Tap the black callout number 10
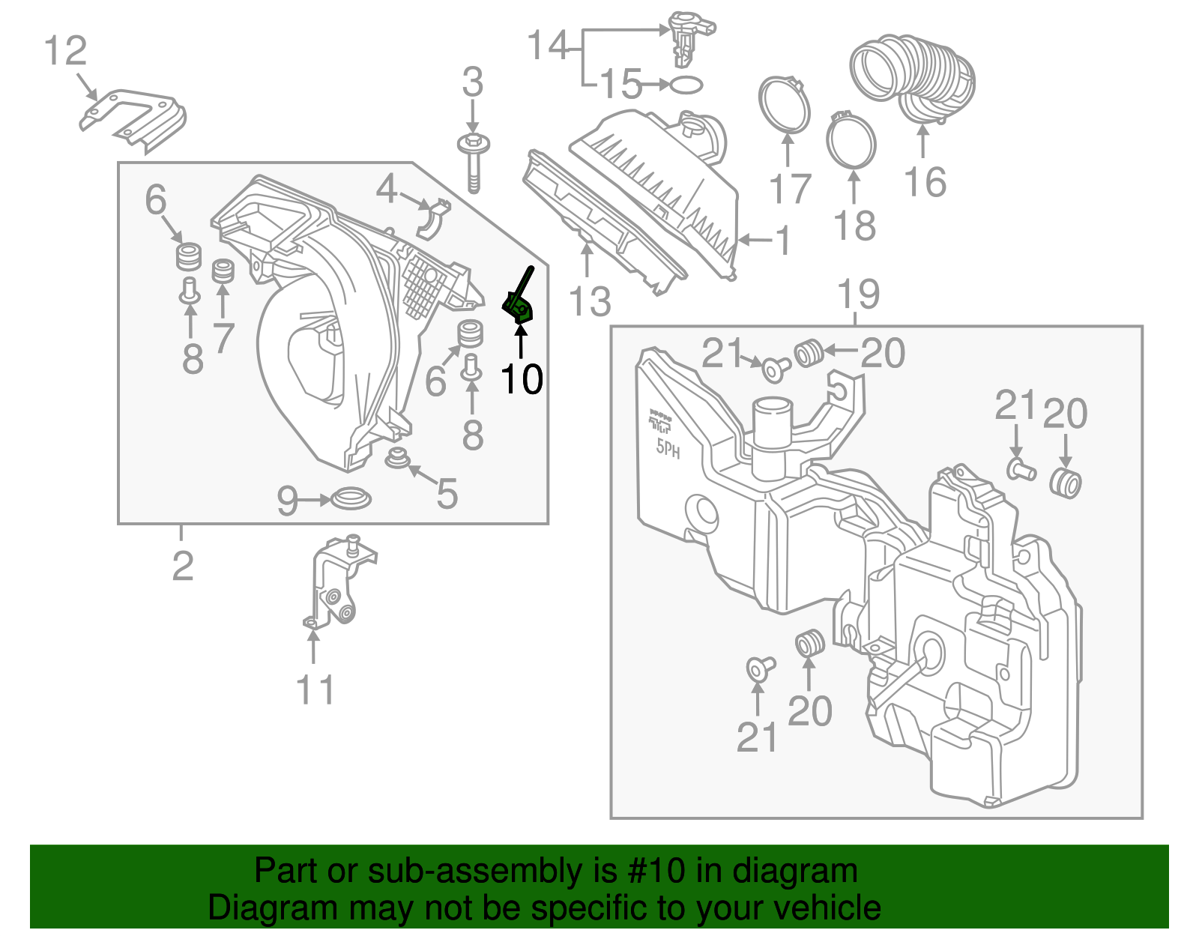(x=522, y=378)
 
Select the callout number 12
(x=65, y=51)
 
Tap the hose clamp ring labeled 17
(x=785, y=104)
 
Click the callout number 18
(x=854, y=226)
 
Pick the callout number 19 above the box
(x=858, y=294)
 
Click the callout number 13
(x=590, y=301)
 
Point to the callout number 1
(x=783, y=241)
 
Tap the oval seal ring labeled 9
(x=351, y=498)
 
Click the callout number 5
(x=447, y=494)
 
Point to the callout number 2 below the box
(x=182, y=566)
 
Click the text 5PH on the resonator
(x=668, y=449)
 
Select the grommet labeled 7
(x=223, y=271)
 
